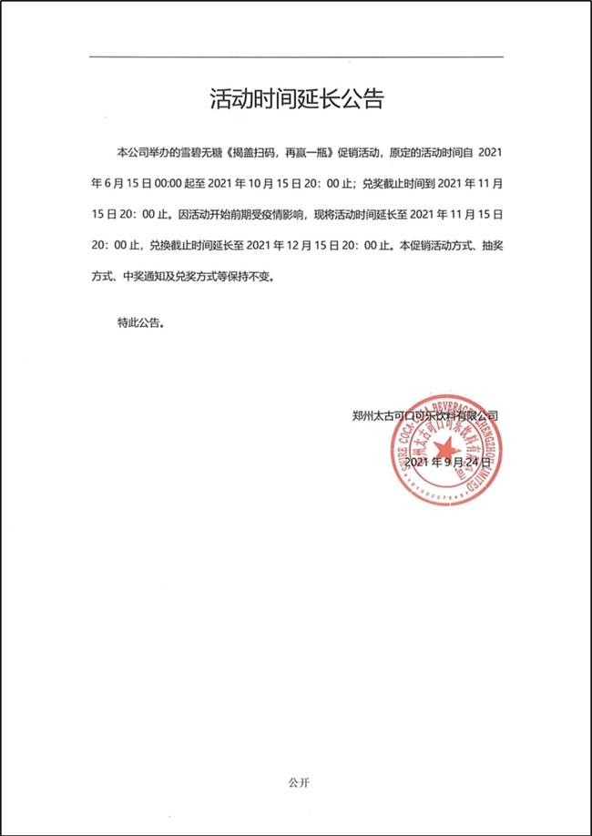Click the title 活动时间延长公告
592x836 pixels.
[x=296, y=99]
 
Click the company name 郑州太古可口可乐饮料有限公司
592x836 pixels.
[x=424, y=415]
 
